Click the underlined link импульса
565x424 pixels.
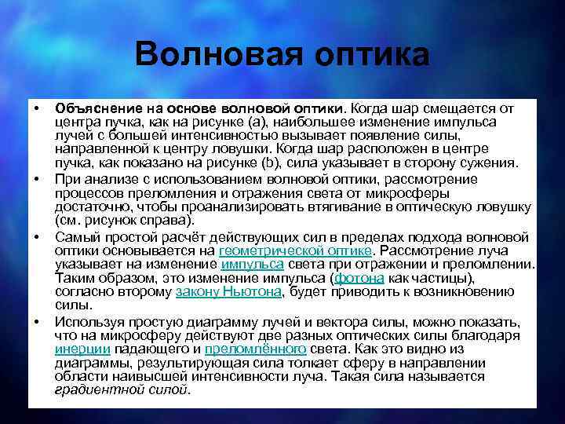[x=252, y=265]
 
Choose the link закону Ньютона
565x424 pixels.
[x=228, y=292]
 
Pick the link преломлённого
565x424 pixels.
[x=255, y=349]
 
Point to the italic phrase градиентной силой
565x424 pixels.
[x=122, y=390]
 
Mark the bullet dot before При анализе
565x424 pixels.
[x=36, y=180]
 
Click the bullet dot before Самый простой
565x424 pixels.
[x=36, y=236]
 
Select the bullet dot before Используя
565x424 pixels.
[x=36, y=321]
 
